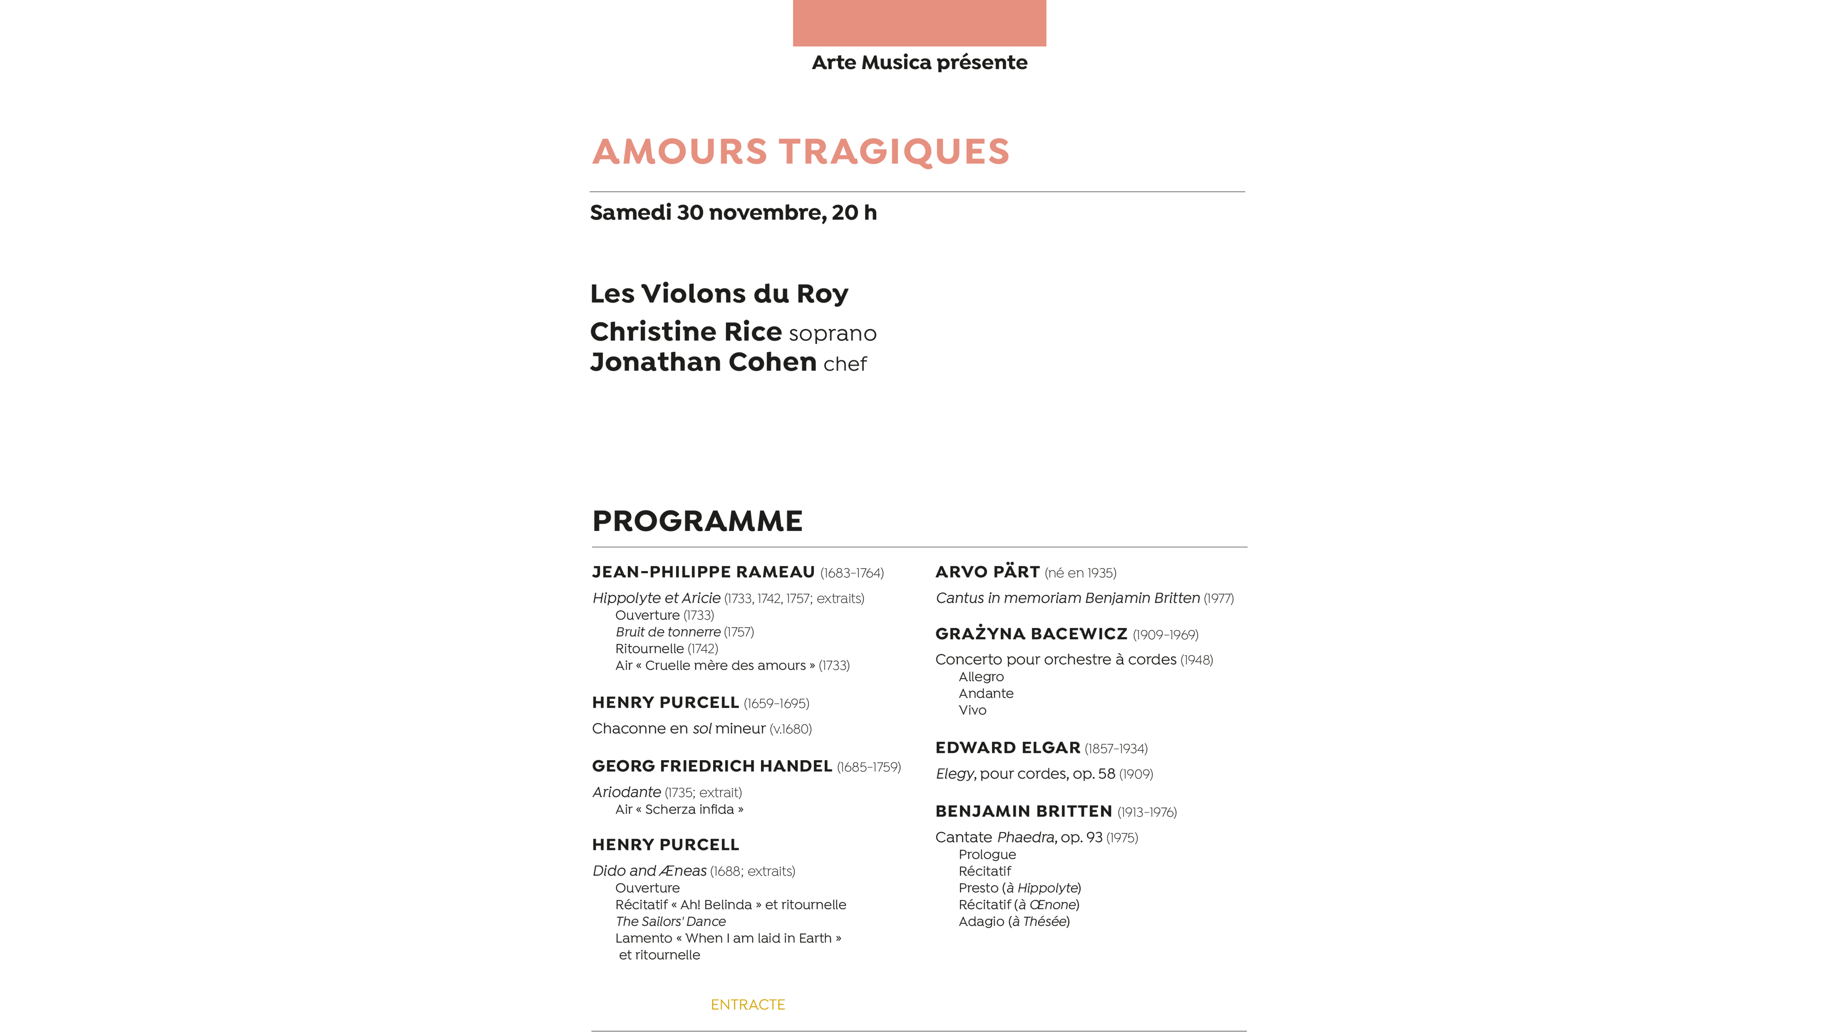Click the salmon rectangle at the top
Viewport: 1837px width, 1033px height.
(919, 23)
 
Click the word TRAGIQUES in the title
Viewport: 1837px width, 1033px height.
(894, 152)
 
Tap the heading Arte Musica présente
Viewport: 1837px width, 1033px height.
(919, 63)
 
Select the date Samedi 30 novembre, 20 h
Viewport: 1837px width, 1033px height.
(733, 212)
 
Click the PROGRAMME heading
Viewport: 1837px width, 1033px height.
(697, 521)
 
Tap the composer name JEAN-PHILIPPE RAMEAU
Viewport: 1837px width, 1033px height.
(703, 572)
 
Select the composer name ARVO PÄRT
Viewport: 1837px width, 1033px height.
(987, 572)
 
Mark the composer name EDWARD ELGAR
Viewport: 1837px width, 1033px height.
(1008, 748)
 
